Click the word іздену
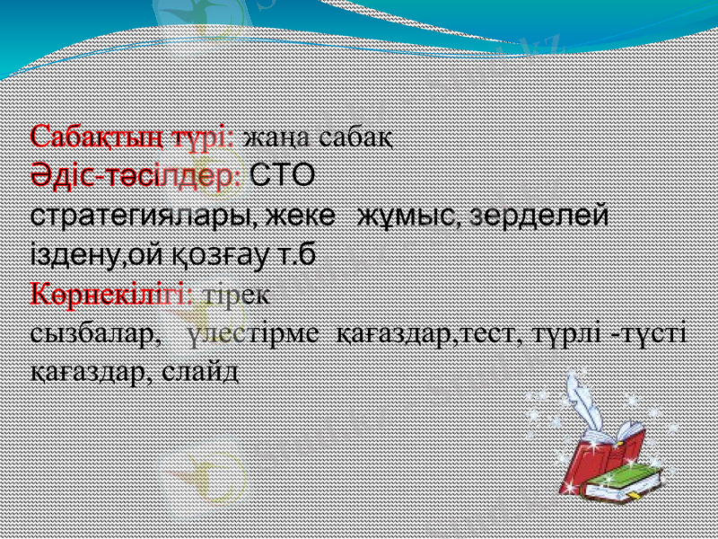point(75,255)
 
